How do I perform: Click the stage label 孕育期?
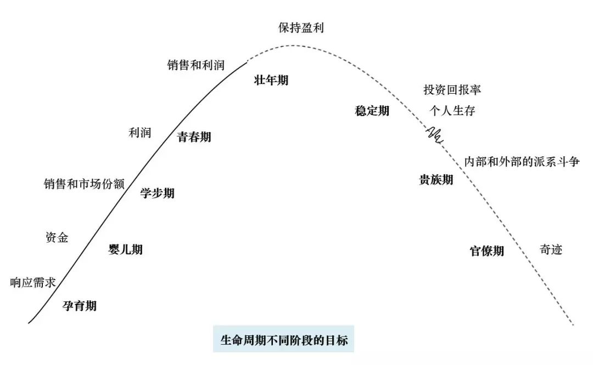80,306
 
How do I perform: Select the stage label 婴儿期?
126,249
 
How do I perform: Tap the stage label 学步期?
158,193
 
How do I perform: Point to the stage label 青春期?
194,137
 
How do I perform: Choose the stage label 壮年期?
271,80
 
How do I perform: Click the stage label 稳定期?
372,111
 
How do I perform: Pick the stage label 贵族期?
436,180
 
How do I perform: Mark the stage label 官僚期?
487,251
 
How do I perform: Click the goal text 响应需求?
33,283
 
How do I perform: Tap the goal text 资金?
57,237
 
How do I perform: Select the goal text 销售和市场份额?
84,184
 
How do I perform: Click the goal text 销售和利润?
196,65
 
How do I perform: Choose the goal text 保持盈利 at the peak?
301,28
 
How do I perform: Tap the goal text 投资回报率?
452,89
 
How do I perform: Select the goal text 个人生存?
452,111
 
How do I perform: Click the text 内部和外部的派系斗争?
522,162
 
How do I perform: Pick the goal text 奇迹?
551,250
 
